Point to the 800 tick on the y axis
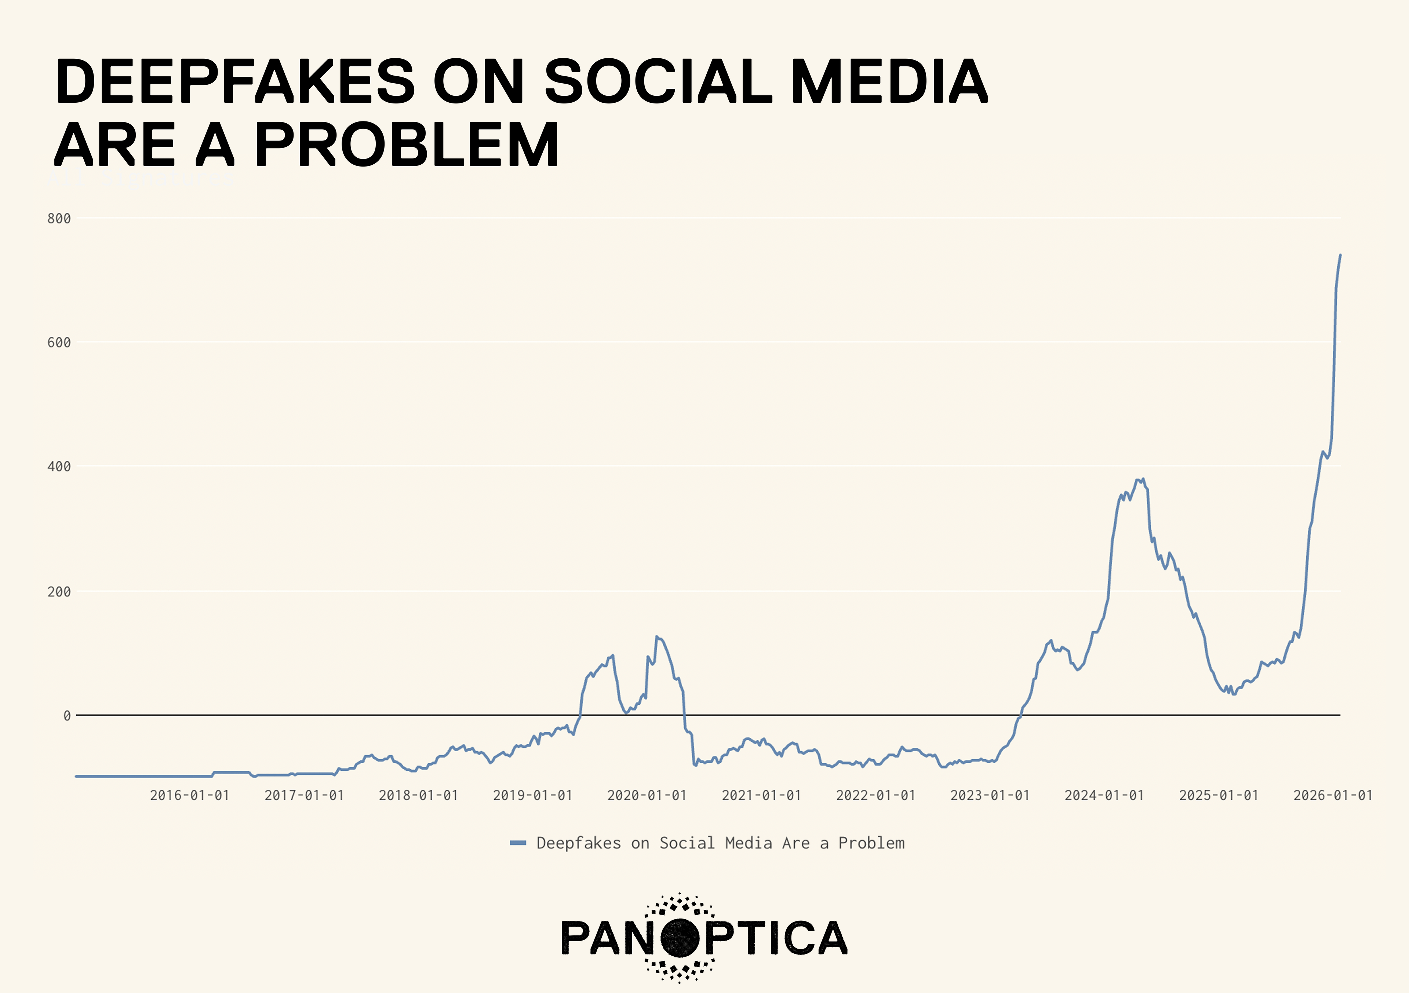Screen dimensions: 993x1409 point(59,218)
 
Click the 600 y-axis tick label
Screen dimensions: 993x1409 point(59,342)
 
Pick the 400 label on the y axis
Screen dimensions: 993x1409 point(59,467)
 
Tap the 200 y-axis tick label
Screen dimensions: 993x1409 point(59,592)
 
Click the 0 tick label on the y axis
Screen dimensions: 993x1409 point(67,716)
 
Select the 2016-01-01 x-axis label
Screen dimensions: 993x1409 point(190,796)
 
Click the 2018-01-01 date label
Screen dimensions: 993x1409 point(419,796)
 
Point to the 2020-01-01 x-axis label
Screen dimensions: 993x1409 point(647,796)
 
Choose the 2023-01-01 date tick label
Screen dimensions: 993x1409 point(990,796)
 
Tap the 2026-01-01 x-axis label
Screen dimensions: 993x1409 point(1333,796)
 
